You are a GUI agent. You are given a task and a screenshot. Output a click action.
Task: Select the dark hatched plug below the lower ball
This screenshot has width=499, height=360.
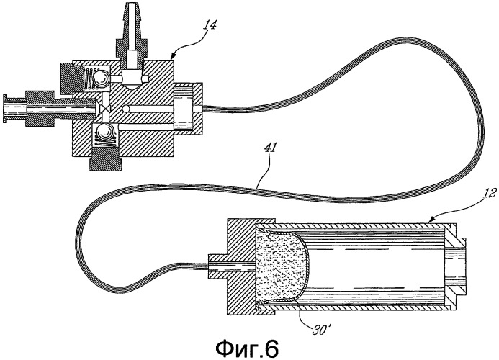click(101, 159)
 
